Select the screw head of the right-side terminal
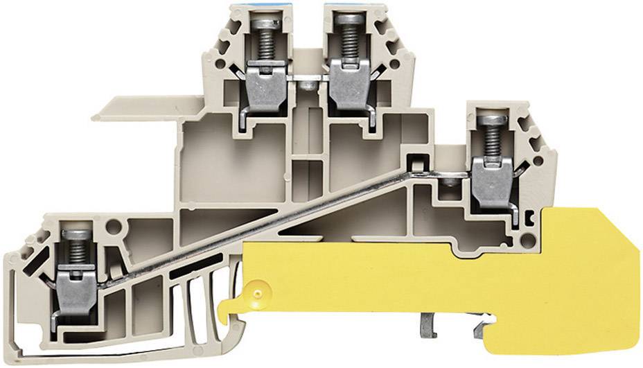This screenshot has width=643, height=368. coord(490,120)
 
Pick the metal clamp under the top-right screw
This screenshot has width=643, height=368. coord(346,83)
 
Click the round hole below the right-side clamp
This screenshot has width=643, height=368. coord(531,239)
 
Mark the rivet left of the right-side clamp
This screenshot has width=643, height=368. coord(451,181)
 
